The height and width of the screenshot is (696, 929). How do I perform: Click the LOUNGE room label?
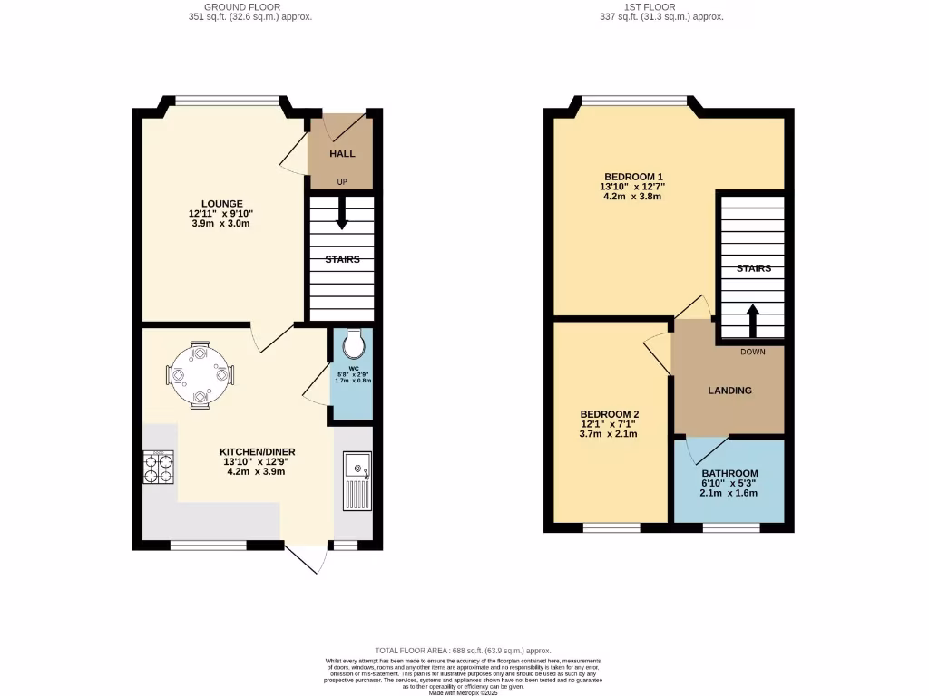point(222,203)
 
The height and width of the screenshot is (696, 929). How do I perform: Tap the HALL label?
point(342,154)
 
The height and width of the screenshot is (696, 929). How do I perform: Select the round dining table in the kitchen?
point(200,373)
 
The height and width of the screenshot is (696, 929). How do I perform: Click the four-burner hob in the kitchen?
point(160,467)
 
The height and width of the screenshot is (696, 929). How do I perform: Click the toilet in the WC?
point(353,343)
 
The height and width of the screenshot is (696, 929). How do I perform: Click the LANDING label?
point(729,391)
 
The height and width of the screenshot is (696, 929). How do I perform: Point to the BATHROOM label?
point(729,474)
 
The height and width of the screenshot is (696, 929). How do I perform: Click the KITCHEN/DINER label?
point(257,451)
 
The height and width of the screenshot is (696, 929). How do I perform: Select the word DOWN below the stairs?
point(753,352)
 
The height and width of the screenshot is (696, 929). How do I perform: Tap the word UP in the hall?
point(342,182)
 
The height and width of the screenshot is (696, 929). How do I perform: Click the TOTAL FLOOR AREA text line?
point(463,651)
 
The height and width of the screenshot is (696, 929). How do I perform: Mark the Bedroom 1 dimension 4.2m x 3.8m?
point(631,197)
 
